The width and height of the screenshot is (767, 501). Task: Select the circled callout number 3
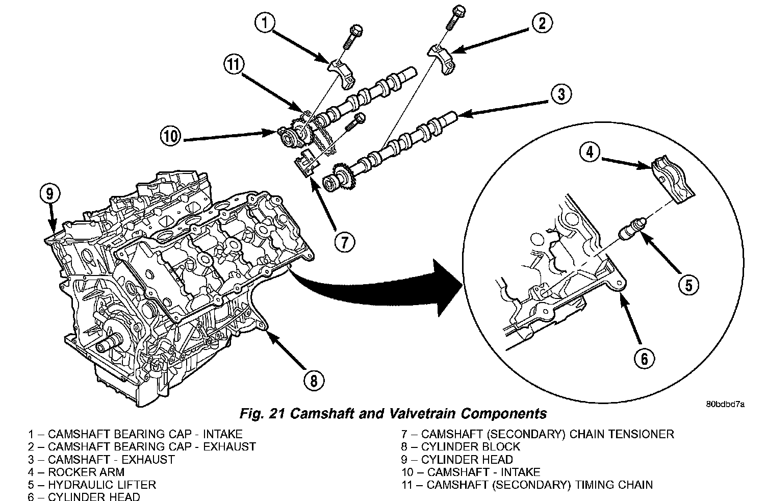point(560,94)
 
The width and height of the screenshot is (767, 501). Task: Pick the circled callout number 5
point(688,285)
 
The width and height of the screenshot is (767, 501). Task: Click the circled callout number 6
point(644,359)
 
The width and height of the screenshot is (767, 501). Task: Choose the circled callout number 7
point(345,242)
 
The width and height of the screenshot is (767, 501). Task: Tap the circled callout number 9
point(49,194)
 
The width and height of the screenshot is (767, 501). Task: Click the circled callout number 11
point(234,65)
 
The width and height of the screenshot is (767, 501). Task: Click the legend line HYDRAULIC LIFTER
point(92,485)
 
